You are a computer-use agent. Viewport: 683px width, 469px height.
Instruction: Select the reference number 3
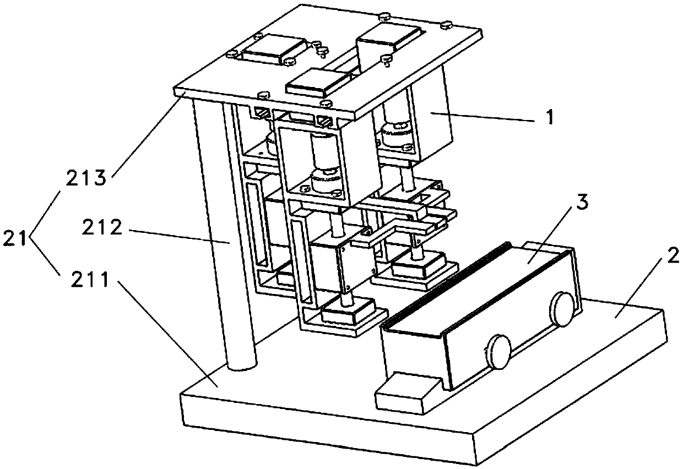(582, 203)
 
